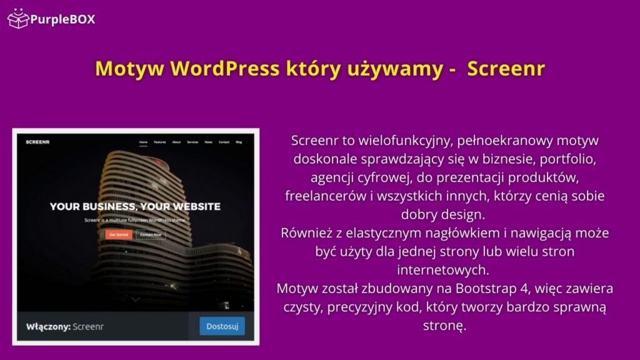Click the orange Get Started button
[x=118, y=234]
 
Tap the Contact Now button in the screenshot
[x=151, y=234]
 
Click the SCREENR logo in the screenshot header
[x=38, y=142]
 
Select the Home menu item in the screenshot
[x=143, y=142]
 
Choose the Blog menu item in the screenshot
[x=239, y=142]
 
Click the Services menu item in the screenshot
[x=192, y=142]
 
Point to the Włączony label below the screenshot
[x=48, y=326]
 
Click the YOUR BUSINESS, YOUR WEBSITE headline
[x=135, y=206]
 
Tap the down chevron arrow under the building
[x=136, y=300]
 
